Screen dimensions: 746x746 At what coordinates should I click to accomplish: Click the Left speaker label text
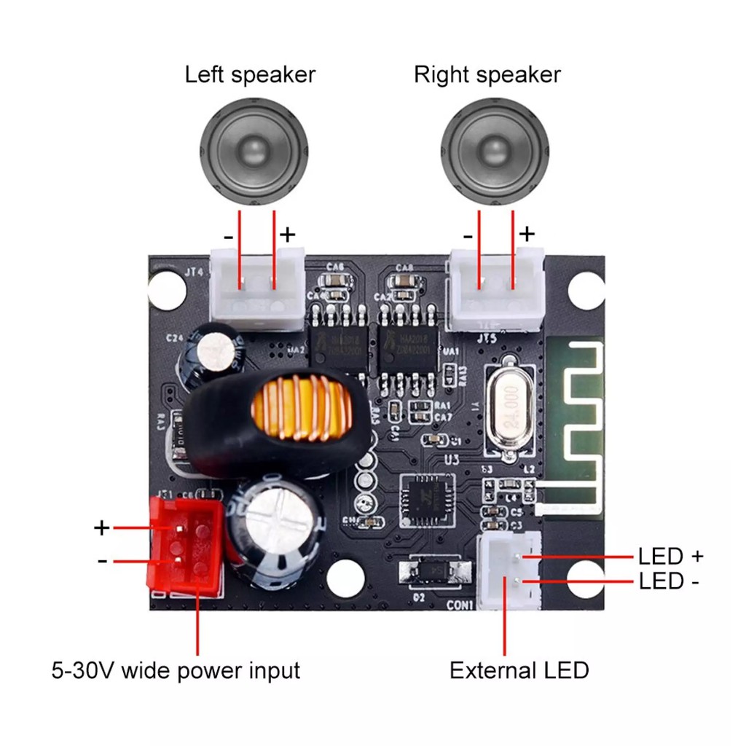tap(250, 74)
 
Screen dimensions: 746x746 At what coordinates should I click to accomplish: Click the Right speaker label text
tap(487, 74)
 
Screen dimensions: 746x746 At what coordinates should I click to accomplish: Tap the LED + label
tap(670, 557)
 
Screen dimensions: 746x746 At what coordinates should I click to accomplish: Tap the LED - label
tap(670, 582)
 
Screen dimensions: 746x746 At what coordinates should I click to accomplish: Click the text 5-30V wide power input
tap(176, 670)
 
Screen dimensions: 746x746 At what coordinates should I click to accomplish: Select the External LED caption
tap(519, 670)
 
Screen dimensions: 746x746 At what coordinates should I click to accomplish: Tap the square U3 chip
tap(427, 500)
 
